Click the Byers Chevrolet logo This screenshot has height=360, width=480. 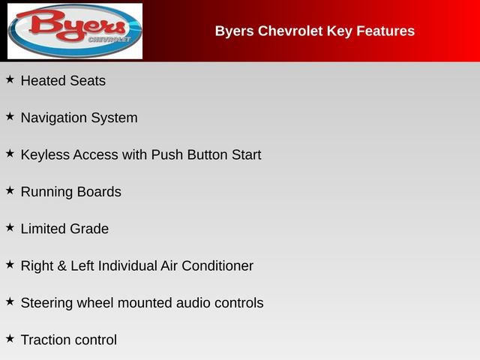[74, 31]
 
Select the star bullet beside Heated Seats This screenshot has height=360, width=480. [10, 79]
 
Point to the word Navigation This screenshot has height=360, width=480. [53, 118]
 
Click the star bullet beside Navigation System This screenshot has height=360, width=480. [10, 116]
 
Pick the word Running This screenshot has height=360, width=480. [47, 193]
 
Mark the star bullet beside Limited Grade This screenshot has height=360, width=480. [10, 226]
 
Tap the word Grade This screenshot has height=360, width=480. [90, 229]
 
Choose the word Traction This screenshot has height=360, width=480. [45, 340]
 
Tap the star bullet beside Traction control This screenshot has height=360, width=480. [10, 338]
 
